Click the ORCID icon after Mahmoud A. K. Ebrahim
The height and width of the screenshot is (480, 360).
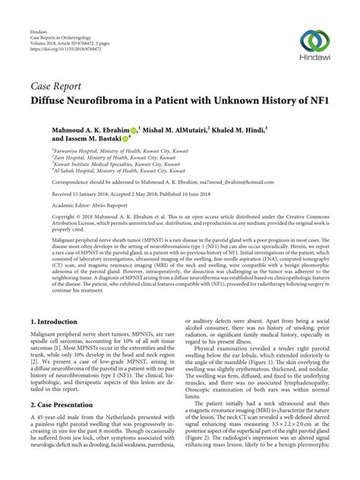coord(134,131)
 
